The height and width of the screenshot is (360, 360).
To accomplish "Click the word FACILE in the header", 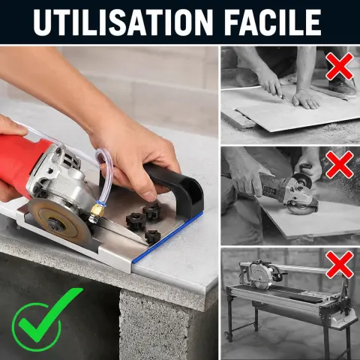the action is pos(272,22).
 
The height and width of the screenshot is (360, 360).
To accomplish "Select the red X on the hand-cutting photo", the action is pos(340,67).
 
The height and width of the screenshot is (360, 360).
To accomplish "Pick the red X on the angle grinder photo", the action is pos(340,164).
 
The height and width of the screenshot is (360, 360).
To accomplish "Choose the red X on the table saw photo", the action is pos(340,265).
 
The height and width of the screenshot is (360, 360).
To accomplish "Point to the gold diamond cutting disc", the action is pos(59,223).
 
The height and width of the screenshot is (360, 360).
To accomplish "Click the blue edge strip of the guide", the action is pos(167,237).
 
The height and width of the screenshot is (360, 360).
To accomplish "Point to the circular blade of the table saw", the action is pos(260,276).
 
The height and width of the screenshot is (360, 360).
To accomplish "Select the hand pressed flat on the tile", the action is pos(306,99).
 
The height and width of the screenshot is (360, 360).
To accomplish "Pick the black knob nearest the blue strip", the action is pos(152,237).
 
